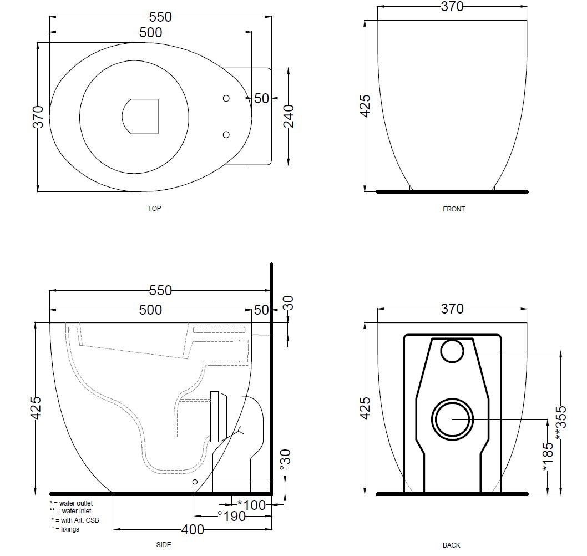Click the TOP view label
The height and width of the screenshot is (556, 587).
[154, 209]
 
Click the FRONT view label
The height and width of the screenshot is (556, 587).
[454, 209]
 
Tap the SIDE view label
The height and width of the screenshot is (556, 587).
[163, 545]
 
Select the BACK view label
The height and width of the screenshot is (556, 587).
[452, 545]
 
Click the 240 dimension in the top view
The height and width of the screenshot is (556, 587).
[289, 117]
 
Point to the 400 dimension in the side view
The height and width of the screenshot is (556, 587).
[193, 530]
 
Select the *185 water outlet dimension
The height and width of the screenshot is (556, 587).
[548, 457]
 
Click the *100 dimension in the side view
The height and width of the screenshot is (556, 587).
[251, 504]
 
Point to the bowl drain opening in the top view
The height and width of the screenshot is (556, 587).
[140, 117]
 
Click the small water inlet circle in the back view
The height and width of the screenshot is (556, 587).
[452, 351]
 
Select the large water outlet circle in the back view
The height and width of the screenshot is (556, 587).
[453, 419]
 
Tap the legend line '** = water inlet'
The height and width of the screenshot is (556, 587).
[70, 511]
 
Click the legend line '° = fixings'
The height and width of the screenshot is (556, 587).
[65, 529]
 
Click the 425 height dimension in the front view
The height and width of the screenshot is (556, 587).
[365, 105]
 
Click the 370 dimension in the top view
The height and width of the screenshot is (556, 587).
[38, 117]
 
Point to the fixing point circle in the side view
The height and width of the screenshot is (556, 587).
[195, 482]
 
